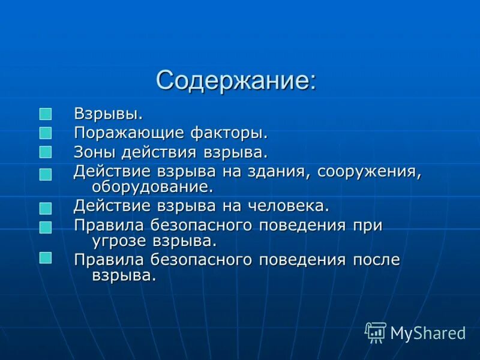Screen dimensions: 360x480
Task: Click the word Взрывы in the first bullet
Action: pos(108,113)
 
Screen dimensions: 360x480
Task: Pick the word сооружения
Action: pos(370,171)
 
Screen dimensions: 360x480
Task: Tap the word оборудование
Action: pos(152,187)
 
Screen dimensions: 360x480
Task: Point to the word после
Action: pos(376,260)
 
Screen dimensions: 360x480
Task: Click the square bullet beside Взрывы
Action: pos(46,114)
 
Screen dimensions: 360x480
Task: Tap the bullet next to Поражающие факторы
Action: pos(46,133)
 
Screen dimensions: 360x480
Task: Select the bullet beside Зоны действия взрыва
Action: pos(46,152)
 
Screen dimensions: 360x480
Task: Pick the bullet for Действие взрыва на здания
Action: pos(46,174)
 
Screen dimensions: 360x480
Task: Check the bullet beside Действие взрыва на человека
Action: pos(46,208)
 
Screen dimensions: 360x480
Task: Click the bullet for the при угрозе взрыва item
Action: pos(46,227)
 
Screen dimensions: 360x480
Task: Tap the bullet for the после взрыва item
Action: pos(46,258)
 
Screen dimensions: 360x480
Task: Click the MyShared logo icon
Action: pos(376,332)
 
